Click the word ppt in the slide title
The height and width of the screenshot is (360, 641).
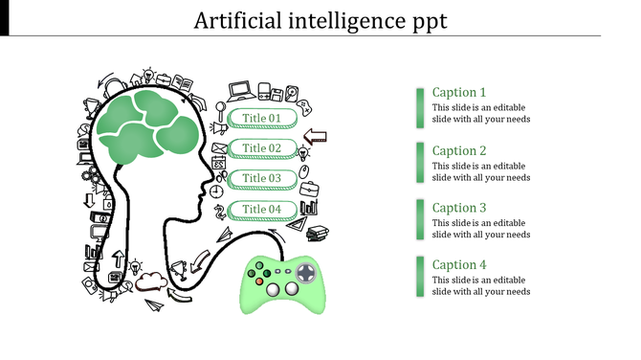425,21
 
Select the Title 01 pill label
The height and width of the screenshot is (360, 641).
261,119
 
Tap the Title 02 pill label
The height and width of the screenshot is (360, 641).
261,148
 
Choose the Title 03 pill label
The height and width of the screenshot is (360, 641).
261,178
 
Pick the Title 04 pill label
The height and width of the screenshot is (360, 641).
261,209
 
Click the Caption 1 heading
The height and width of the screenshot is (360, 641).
459,93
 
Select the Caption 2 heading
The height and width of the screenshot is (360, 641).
459,150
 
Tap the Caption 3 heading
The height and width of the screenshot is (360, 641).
459,208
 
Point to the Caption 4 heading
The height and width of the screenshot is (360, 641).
459,265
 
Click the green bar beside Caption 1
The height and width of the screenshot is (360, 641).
420,107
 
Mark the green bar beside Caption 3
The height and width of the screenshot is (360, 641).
420,221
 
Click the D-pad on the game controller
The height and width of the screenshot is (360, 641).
304,273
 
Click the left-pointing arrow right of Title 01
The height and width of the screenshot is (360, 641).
314,137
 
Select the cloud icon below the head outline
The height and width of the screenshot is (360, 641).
149,282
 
